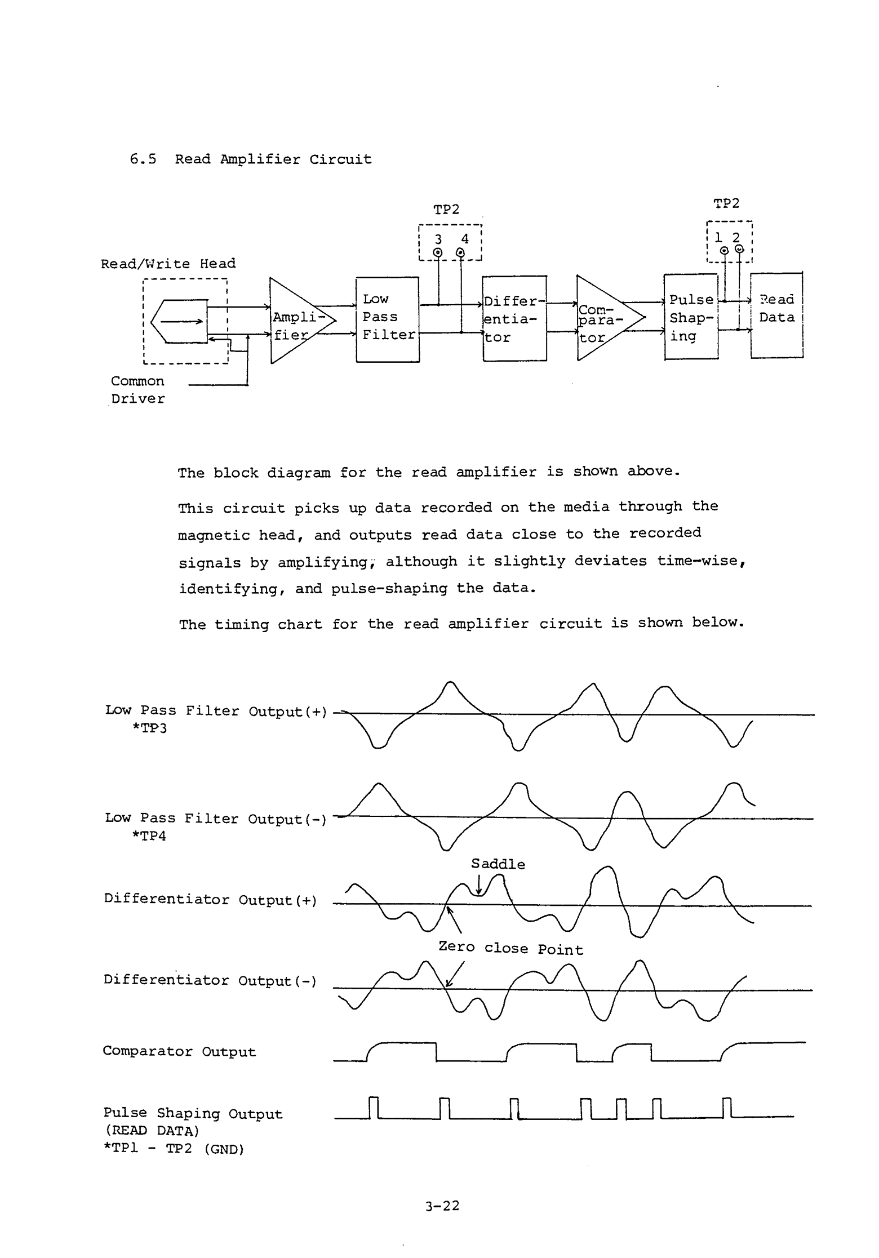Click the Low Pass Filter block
388,319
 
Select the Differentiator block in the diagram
514,319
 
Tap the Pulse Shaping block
691,317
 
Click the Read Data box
776,315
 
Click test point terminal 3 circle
438,253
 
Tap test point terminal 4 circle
461,253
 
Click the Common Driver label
138,390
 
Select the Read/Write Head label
168,264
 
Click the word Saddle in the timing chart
498,864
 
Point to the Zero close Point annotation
510,949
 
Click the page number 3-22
443,1206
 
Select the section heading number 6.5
143,159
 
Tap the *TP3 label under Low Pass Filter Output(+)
149,728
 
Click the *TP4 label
149,836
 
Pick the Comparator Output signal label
179,1052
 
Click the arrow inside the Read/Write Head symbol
181,322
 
